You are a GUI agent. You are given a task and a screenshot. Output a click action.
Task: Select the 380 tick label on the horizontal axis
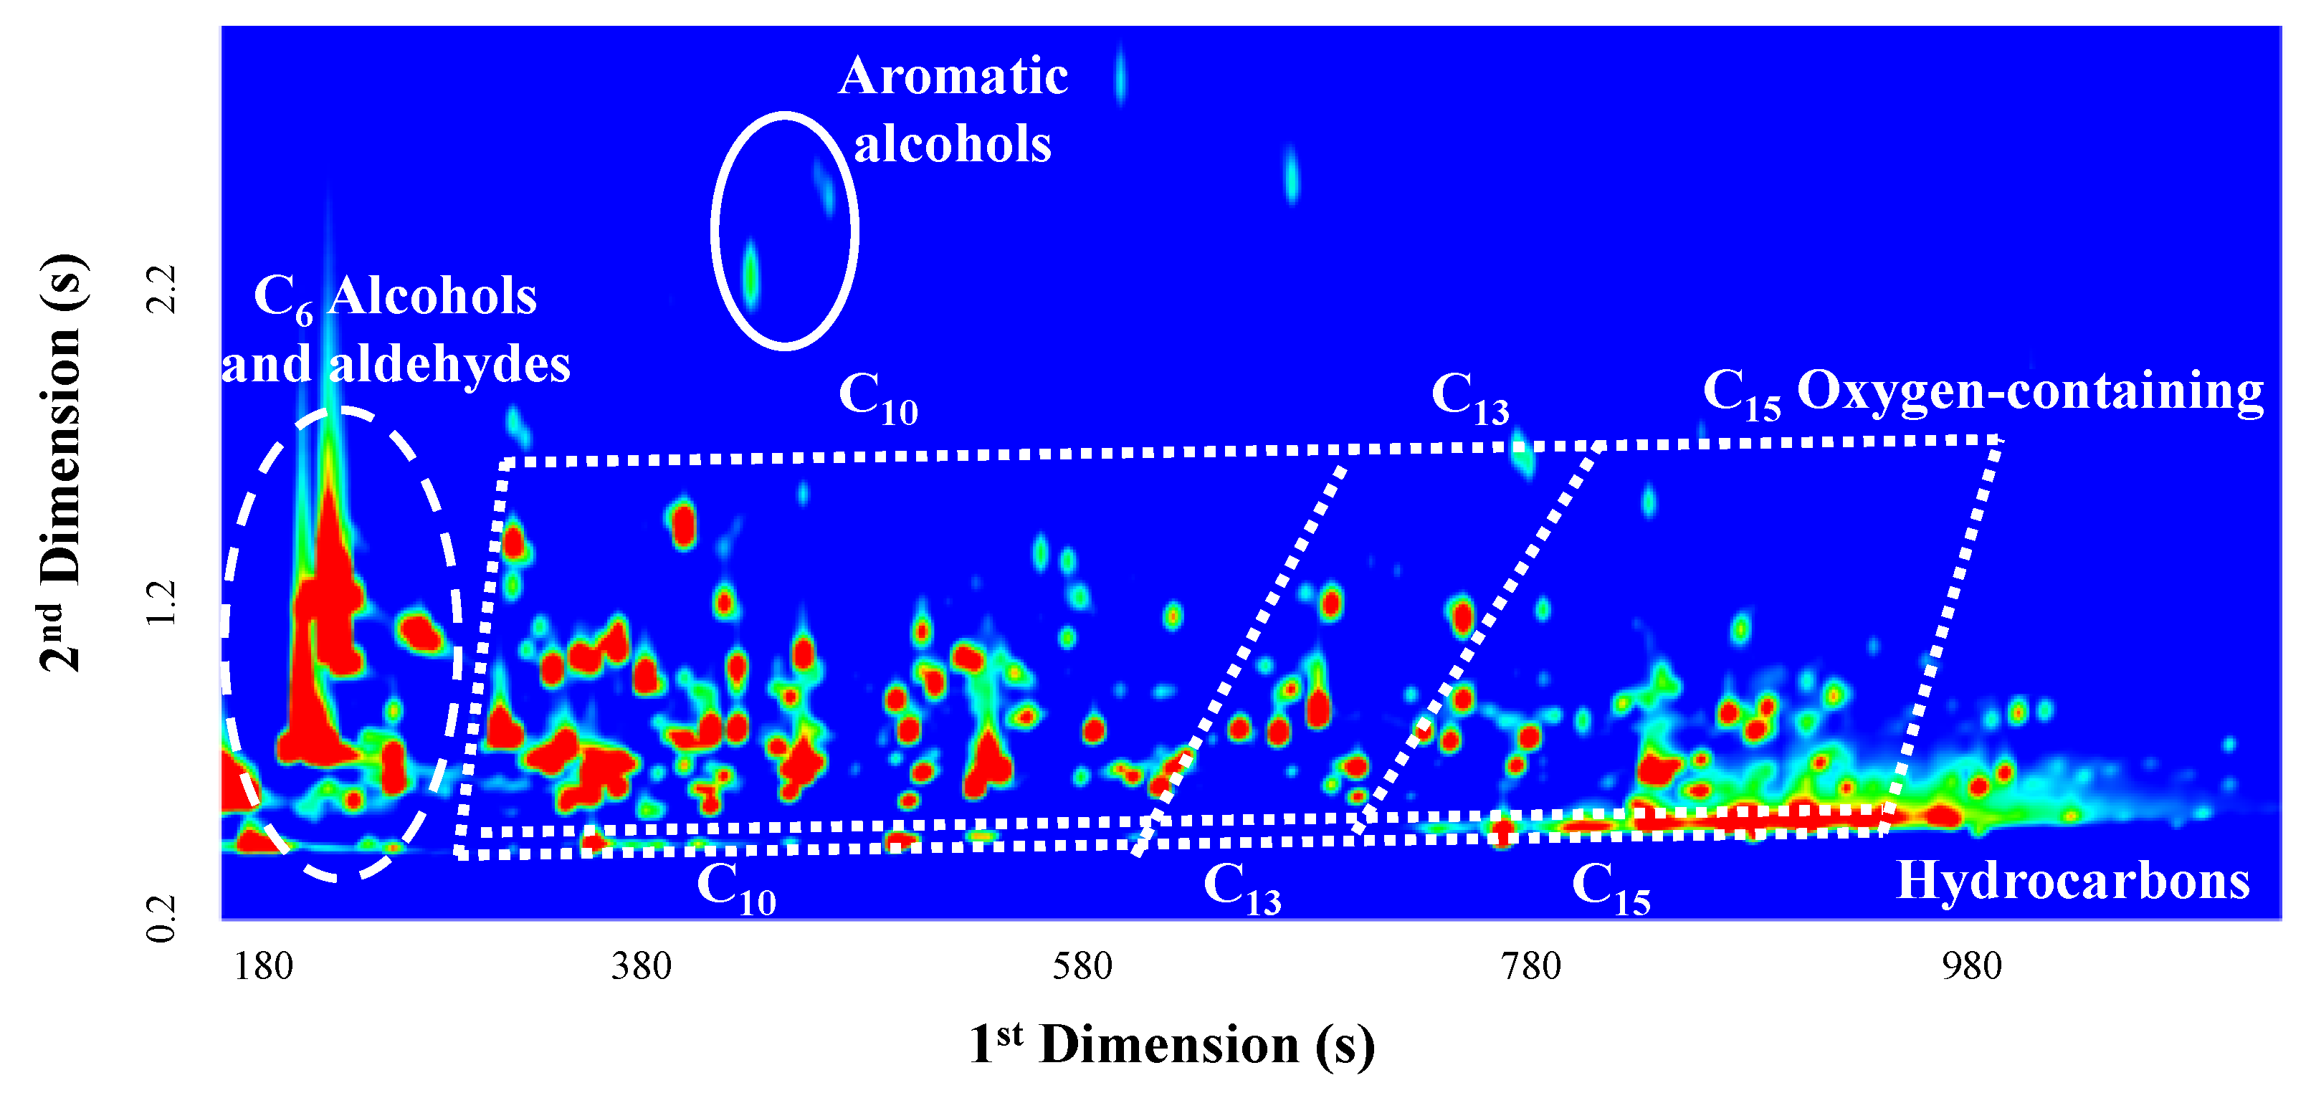pyautogui.click(x=641, y=967)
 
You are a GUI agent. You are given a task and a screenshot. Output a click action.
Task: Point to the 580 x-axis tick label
pyautogui.click(x=1082, y=967)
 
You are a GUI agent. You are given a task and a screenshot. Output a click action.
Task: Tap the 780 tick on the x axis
pyautogui.click(x=1531, y=967)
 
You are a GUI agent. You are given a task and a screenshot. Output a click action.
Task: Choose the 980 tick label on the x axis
pyautogui.click(x=1972, y=967)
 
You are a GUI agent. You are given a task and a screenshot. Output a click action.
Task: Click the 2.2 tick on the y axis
pyautogui.click(x=162, y=290)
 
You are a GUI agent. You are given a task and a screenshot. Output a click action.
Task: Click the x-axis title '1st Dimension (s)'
pyautogui.click(x=1171, y=1044)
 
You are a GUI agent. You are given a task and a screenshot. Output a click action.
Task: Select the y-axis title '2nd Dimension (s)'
pyautogui.click(x=61, y=463)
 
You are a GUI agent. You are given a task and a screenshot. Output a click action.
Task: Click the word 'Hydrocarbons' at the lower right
pyautogui.click(x=2073, y=881)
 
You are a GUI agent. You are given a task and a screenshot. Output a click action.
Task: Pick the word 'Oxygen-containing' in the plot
pyautogui.click(x=2030, y=392)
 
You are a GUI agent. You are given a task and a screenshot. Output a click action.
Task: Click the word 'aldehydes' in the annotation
pyautogui.click(x=449, y=365)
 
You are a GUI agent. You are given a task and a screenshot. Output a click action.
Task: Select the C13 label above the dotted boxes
pyautogui.click(x=1470, y=396)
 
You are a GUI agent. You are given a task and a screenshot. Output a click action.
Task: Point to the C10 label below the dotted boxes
pyautogui.click(x=736, y=887)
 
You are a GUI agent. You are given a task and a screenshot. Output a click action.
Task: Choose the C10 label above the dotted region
pyautogui.click(x=877, y=396)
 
